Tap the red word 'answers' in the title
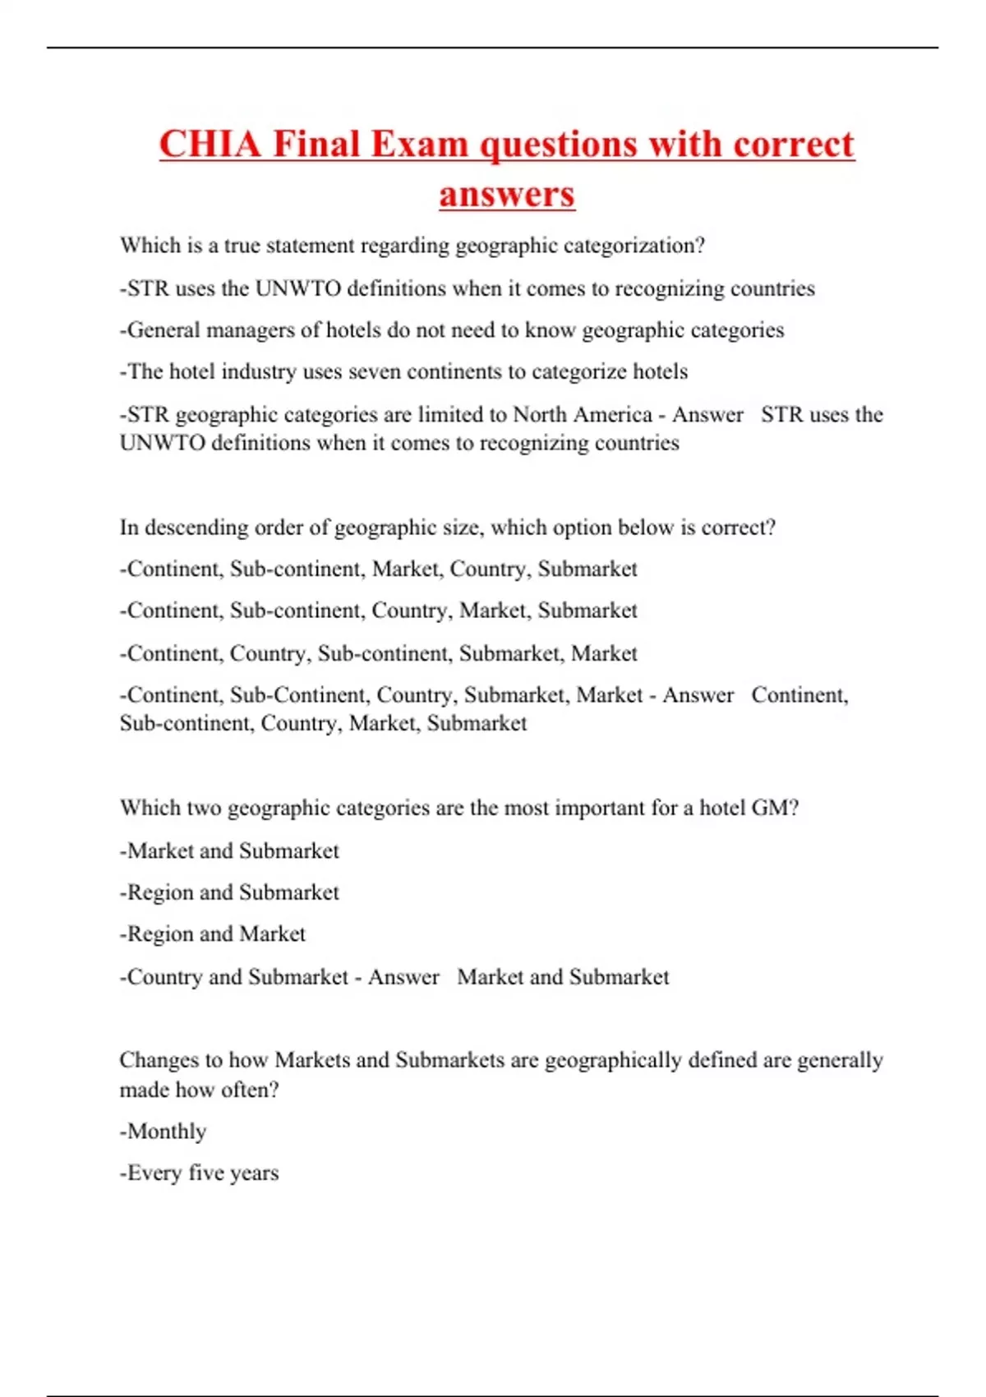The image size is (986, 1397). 506,196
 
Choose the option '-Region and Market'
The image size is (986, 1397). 213,934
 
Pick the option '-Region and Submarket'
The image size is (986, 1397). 229,892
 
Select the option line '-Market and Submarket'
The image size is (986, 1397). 229,851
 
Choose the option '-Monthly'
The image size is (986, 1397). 164,1132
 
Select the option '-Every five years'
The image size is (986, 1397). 200,1173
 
